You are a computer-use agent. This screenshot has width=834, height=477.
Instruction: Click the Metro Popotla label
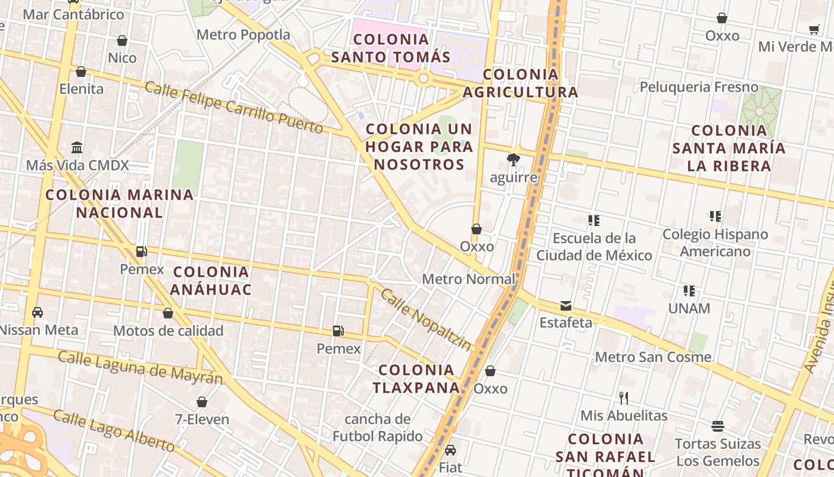(243, 35)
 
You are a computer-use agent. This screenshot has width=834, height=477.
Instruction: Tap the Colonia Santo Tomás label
(390, 48)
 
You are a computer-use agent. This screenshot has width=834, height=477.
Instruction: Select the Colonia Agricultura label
(521, 83)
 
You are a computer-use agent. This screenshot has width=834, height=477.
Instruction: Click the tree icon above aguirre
(512, 159)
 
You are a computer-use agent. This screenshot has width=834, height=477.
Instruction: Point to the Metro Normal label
(468, 279)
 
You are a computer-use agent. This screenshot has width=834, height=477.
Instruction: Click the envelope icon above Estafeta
(565, 306)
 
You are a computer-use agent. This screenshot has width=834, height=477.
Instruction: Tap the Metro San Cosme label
(653, 357)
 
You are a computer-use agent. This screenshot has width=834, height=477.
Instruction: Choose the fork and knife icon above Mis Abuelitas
(624, 398)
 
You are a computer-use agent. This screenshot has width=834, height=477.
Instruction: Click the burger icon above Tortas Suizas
(718, 426)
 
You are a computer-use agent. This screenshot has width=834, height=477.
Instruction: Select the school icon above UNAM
(689, 291)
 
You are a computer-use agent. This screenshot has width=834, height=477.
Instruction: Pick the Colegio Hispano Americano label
(715, 243)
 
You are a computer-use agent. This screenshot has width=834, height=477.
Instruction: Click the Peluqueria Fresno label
(699, 88)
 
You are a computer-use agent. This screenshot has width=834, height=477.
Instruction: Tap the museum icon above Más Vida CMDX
(77, 147)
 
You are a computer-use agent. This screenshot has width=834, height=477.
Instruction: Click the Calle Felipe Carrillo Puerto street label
(234, 108)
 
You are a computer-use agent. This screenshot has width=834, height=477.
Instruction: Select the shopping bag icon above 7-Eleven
(202, 402)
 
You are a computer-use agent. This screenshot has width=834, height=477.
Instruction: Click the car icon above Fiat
(450, 450)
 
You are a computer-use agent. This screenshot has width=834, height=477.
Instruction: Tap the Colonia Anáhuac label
(211, 281)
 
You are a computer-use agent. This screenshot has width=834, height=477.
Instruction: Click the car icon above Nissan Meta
(37, 312)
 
